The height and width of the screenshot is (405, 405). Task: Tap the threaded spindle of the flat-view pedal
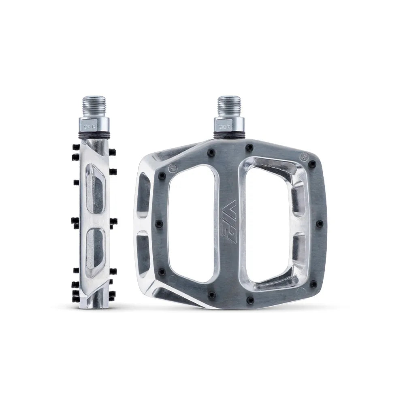(x=229, y=106)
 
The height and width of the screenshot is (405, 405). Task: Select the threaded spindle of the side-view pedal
(x=94, y=106)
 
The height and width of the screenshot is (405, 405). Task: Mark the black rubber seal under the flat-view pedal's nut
(x=229, y=135)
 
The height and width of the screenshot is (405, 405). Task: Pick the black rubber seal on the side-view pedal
(x=94, y=135)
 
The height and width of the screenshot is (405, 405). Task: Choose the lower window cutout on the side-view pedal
(x=95, y=251)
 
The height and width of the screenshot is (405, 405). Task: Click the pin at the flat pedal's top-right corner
(x=312, y=164)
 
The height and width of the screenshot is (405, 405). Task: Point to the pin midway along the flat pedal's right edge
(x=319, y=224)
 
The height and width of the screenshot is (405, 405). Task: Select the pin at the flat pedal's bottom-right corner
(x=313, y=284)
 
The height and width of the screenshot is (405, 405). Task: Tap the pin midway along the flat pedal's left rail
(x=159, y=224)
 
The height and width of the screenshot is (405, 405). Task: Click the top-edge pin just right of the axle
(x=249, y=147)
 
